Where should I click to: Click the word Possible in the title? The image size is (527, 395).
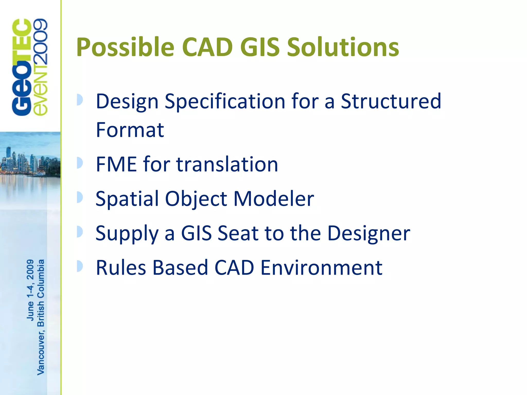tap(125, 48)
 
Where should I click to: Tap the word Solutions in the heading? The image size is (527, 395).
tap(343, 47)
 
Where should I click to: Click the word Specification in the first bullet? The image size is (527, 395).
tap(225, 102)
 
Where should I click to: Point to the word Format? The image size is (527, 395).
tap(130, 130)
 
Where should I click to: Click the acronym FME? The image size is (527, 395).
tap(116, 164)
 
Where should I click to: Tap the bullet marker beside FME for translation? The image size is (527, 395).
tap(80, 163)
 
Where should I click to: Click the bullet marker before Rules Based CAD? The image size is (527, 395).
tap(80, 266)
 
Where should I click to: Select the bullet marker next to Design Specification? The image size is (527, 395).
tap(80, 100)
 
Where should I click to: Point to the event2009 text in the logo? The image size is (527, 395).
tap(40, 67)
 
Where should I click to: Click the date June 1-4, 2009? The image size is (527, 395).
tap(30, 290)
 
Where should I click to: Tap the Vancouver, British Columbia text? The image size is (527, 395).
tap(41, 317)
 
